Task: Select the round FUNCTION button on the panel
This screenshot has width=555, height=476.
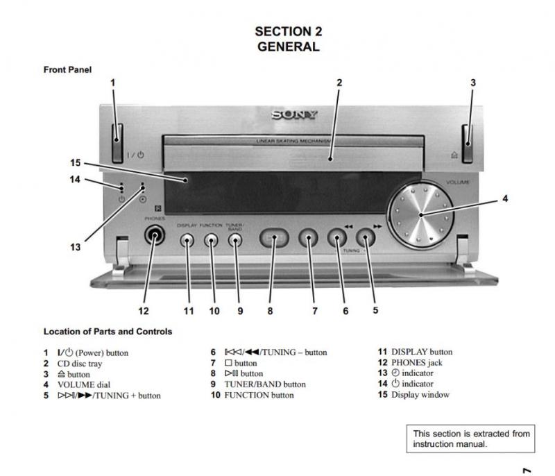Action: [x=212, y=240]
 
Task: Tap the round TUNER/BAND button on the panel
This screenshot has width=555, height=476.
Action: [x=236, y=240]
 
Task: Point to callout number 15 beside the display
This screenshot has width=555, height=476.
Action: [x=76, y=163]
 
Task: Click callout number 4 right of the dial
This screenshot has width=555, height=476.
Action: [x=505, y=199]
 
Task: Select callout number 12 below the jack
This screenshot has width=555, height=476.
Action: [x=143, y=311]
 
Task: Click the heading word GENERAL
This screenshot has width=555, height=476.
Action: [x=288, y=47]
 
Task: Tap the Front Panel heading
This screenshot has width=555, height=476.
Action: [x=67, y=69]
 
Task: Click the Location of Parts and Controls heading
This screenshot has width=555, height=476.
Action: [x=108, y=332]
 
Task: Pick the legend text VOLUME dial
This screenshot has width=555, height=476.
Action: [x=83, y=384]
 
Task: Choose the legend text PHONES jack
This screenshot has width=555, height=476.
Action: [x=416, y=363]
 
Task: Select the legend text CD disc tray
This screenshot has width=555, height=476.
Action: [x=83, y=364]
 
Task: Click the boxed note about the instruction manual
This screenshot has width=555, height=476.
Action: [x=471, y=439]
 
